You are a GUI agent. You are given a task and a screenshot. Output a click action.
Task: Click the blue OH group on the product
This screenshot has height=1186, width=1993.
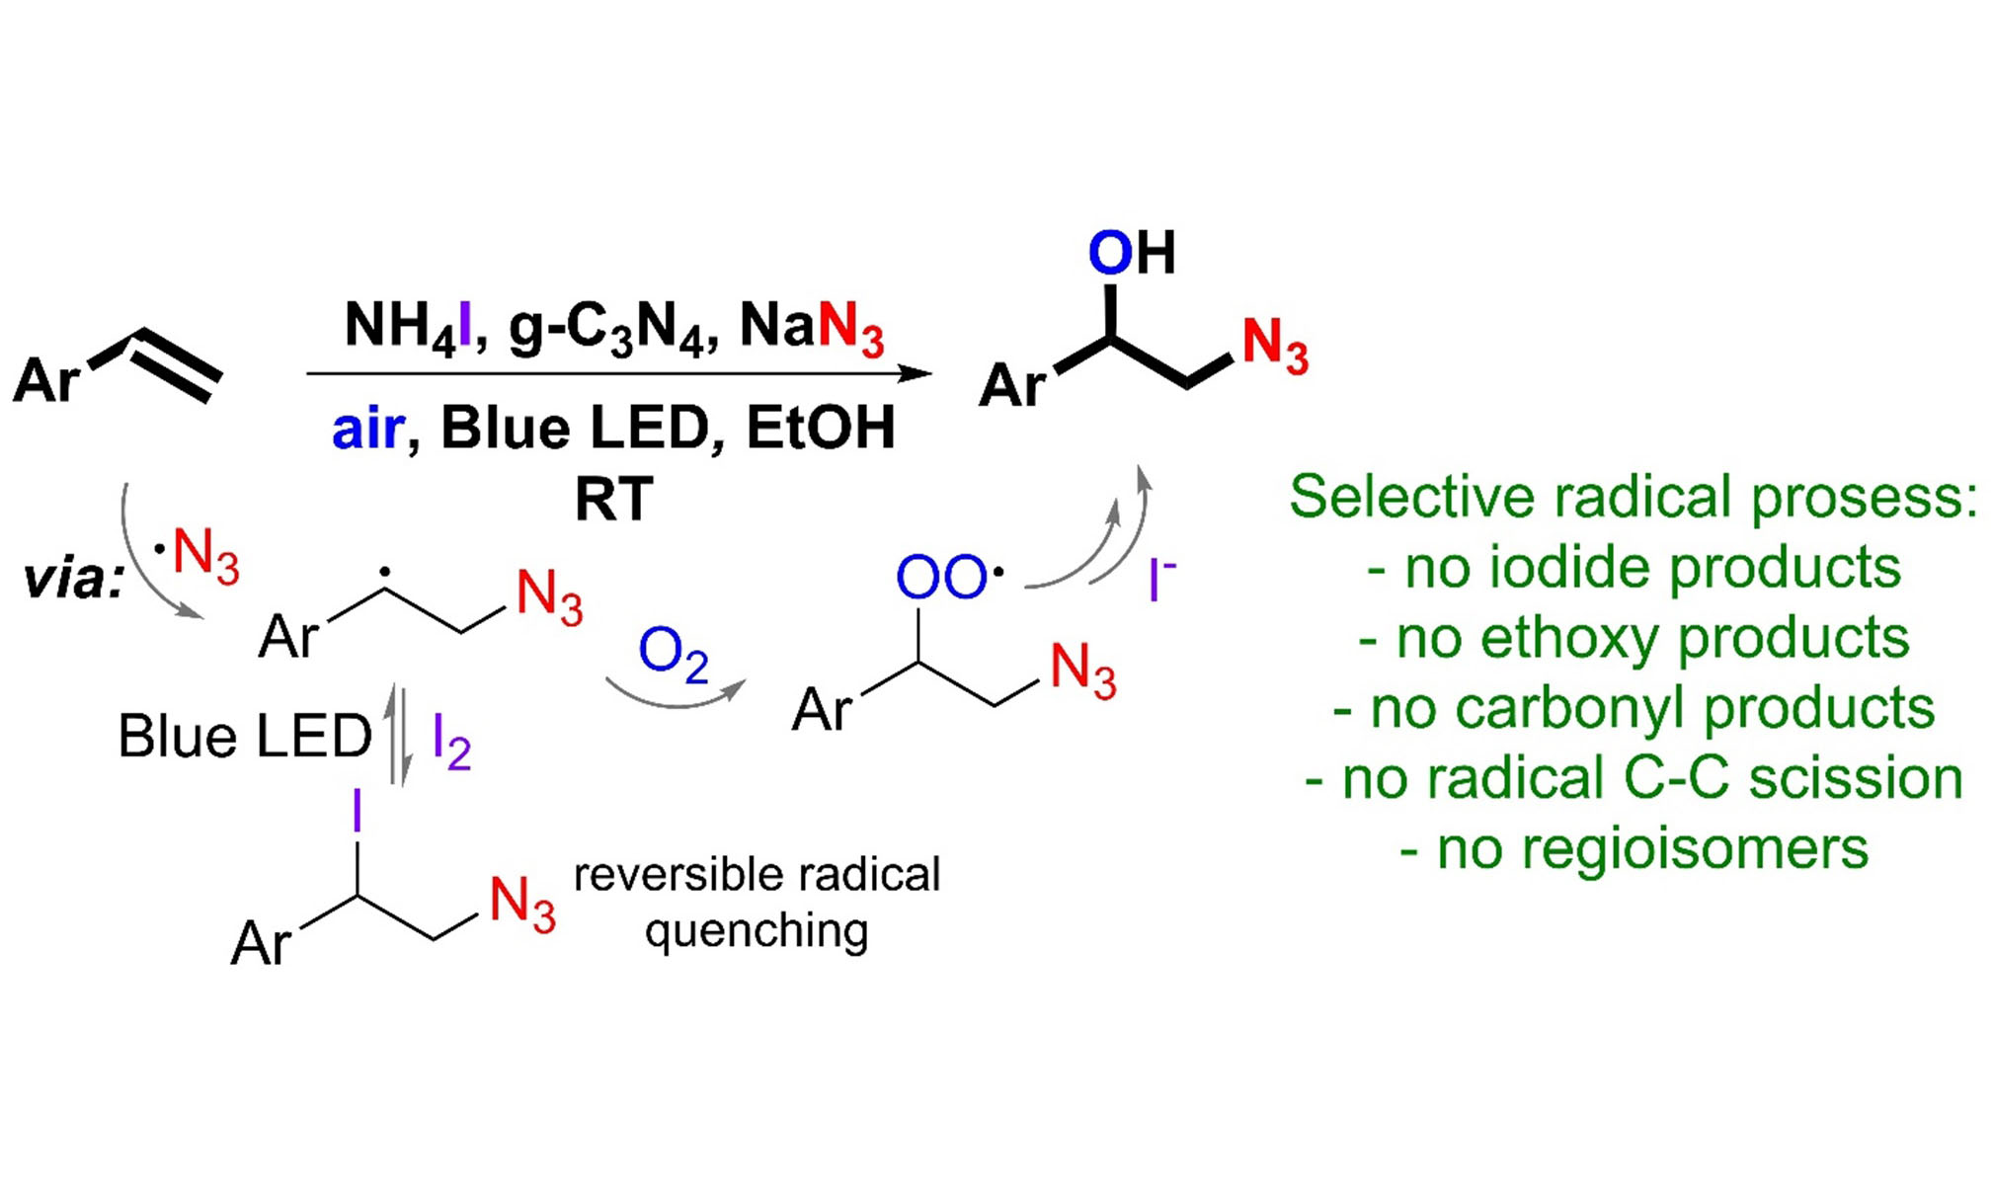[1131, 253]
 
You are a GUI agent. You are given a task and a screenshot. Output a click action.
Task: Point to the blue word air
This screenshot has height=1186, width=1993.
[368, 429]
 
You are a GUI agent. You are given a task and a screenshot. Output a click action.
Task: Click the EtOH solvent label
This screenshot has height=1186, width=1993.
[820, 429]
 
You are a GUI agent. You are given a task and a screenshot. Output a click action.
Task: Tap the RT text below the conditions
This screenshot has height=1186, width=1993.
[613, 499]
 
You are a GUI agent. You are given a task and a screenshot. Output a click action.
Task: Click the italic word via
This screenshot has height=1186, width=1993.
[74, 579]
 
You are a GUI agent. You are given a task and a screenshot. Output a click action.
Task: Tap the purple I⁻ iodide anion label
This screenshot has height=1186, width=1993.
[1160, 579]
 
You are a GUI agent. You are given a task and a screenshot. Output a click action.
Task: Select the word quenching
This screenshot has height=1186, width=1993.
[757, 931]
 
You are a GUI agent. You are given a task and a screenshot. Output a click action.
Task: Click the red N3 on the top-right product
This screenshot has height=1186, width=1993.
[1274, 346]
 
